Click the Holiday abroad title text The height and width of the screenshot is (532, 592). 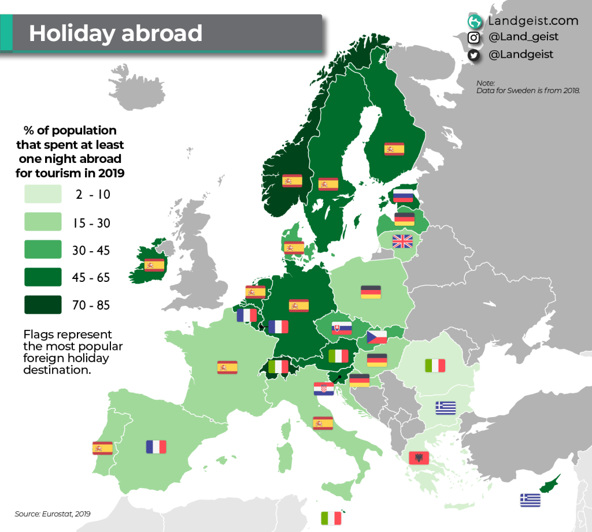pyautogui.click(x=116, y=33)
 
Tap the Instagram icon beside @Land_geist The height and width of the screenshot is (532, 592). pyautogui.click(x=474, y=38)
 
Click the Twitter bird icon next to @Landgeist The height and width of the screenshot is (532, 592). pyautogui.click(x=474, y=55)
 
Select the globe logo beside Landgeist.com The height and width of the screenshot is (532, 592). pyautogui.click(x=475, y=21)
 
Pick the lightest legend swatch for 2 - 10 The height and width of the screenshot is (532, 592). pyautogui.click(x=43, y=195)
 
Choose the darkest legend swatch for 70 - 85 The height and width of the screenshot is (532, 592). pyautogui.click(x=43, y=304)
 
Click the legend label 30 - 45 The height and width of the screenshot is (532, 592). pyautogui.click(x=91, y=251)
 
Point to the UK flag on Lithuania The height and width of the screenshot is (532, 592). pyautogui.click(x=402, y=241)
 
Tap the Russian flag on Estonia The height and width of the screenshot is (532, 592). pyautogui.click(x=403, y=196)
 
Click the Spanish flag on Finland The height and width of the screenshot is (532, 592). pyautogui.click(x=394, y=149)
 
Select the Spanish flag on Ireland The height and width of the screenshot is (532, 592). pyautogui.click(x=154, y=265)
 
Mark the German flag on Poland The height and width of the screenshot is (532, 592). pyautogui.click(x=371, y=292)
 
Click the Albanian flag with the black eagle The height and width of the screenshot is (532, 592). pyautogui.click(x=418, y=458)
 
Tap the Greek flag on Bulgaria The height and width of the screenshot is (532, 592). pyautogui.click(x=446, y=408)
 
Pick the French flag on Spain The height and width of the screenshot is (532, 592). pyautogui.click(x=156, y=447)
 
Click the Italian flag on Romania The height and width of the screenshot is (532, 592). pyautogui.click(x=435, y=365)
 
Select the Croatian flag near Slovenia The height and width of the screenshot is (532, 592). pyautogui.click(x=323, y=389)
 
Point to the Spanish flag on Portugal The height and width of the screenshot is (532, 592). pyautogui.click(x=102, y=448)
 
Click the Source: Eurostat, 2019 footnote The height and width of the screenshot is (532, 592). pyautogui.click(x=53, y=514)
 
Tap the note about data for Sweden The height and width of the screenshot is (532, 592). pyautogui.click(x=527, y=87)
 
